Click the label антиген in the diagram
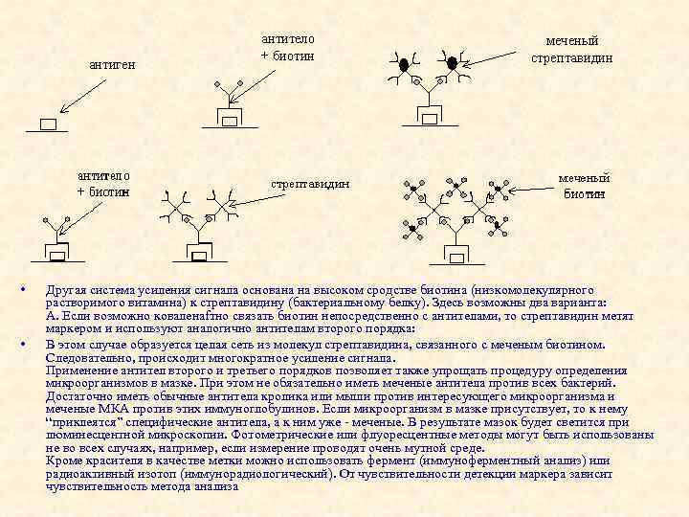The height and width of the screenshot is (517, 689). click(112, 64)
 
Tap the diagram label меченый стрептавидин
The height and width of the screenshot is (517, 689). click(572, 50)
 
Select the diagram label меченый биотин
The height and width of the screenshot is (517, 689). click(584, 186)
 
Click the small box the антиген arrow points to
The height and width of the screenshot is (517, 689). click(49, 124)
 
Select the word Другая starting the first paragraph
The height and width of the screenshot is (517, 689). click(67, 289)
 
